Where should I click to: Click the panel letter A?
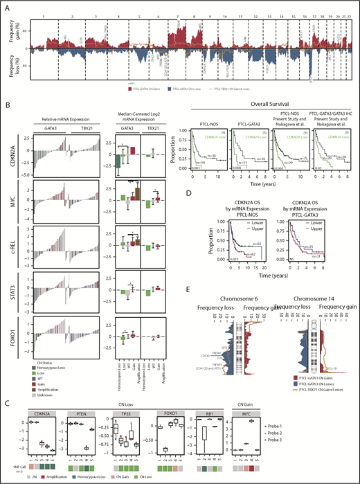coord(6,5)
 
